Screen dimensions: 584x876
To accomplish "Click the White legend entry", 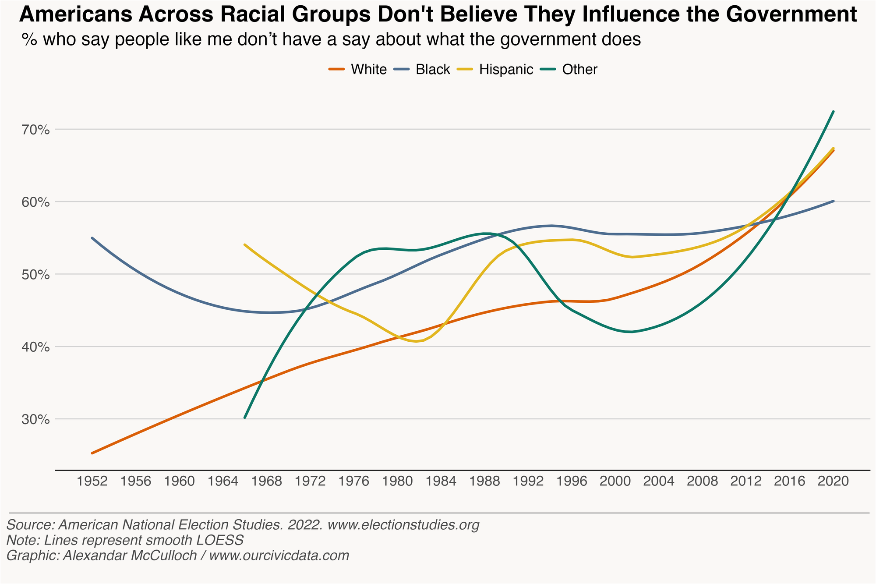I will coord(368,70).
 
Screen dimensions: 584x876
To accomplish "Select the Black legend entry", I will coord(433,70).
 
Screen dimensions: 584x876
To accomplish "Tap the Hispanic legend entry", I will coord(506,70).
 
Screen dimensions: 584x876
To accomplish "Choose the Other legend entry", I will coord(579,70).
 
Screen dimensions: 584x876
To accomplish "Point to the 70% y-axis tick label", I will coord(36,130).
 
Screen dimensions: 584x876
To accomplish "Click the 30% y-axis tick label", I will coord(36,420).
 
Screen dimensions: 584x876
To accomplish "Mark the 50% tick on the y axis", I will coord(36,275).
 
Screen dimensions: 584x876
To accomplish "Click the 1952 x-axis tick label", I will coord(92,481).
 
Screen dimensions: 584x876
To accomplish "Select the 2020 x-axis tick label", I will coord(834,481).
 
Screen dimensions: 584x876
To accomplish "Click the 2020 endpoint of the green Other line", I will coord(834,112).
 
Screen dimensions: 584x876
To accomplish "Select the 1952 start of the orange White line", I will coord(92,453).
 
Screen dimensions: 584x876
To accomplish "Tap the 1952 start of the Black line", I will coord(92,238).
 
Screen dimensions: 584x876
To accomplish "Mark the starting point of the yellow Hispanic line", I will coord(245,244).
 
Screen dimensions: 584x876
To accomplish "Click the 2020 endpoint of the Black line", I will coord(834,201).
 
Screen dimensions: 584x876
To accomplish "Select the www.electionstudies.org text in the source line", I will coord(403,525).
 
